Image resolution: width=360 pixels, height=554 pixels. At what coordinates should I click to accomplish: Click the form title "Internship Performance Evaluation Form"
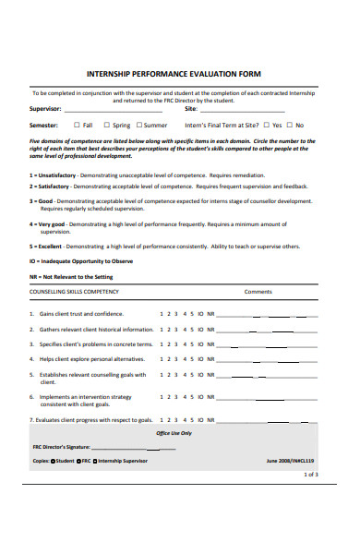click(174, 73)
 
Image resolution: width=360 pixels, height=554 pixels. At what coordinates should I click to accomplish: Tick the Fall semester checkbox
click(78, 125)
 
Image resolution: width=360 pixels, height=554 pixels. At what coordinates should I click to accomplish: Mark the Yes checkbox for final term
click(266, 125)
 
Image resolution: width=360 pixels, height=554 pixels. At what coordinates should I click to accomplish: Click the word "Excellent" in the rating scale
click(53, 247)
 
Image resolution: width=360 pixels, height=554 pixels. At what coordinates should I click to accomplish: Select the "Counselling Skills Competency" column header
click(74, 291)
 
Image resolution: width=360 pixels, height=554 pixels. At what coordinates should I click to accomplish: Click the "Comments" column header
click(258, 291)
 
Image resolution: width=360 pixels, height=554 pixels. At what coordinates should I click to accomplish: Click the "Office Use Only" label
click(174, 432)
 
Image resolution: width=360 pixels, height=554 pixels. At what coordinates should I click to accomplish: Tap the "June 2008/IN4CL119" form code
click(290, 460)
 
